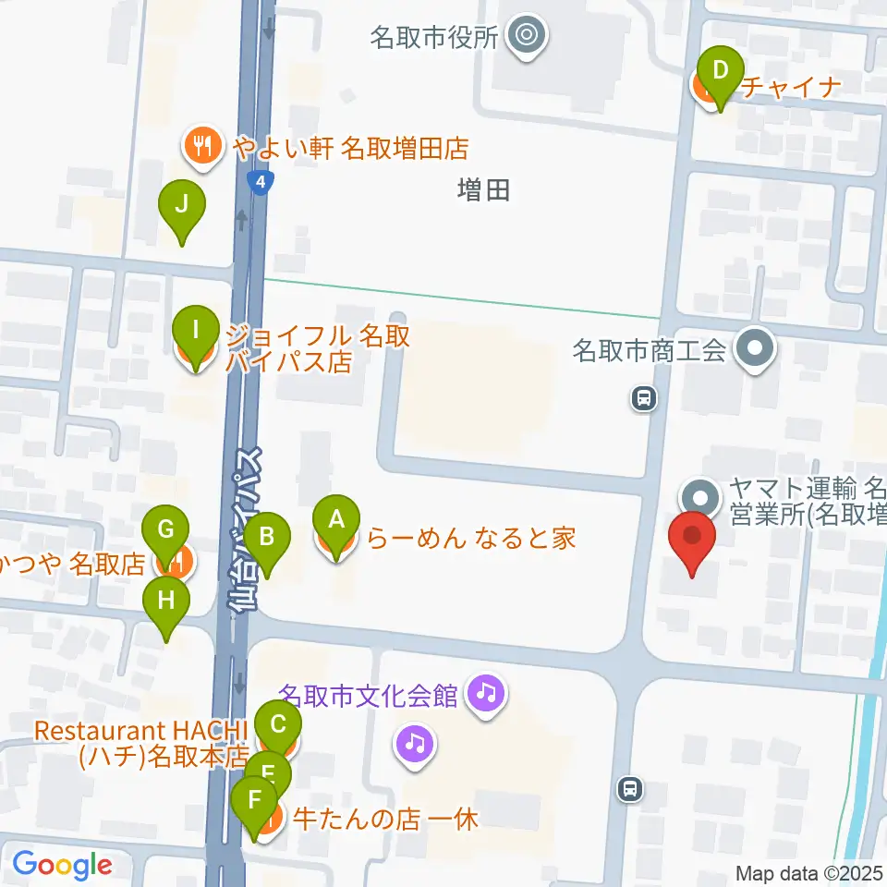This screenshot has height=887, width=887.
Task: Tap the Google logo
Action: tap(62, 865)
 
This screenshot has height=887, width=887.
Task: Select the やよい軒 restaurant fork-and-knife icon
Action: tap(202, 146)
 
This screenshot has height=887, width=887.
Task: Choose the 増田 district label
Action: tap(483, 190)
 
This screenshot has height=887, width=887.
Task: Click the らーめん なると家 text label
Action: tap(471, 538)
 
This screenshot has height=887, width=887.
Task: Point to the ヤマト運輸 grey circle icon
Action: tap(701, 497)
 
